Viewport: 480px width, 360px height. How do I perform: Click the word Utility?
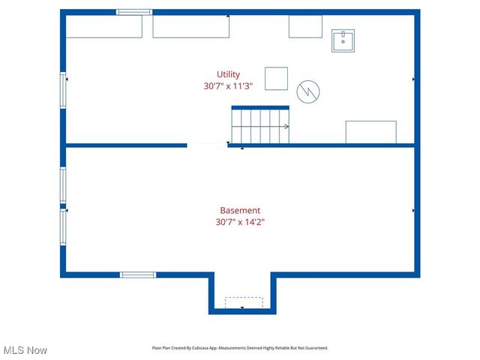228,74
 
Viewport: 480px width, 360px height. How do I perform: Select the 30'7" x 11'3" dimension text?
228,86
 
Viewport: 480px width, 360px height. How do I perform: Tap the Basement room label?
240,211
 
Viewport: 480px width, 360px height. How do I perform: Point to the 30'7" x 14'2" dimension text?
240,222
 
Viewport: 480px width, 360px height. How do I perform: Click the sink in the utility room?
343,40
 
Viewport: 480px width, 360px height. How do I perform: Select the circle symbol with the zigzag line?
307,91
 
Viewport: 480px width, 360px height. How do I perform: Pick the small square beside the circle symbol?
276,78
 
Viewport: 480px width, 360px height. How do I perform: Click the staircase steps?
259,126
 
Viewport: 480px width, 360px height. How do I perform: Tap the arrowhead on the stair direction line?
287,126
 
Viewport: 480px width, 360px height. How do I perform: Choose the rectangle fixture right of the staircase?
370,132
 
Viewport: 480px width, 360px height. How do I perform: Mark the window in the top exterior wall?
134,12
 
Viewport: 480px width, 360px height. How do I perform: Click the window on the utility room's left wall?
64,89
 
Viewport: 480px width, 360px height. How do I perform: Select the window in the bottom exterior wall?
138,274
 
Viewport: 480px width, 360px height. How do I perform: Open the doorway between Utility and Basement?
208,145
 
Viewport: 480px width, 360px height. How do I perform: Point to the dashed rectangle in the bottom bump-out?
244,302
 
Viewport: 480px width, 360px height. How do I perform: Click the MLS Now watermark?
25,350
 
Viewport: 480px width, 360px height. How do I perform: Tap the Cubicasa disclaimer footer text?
240,348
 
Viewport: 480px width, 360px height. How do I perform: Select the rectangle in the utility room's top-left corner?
104,26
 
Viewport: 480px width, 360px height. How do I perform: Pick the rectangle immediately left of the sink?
305,26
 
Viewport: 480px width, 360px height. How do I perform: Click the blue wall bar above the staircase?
259,107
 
